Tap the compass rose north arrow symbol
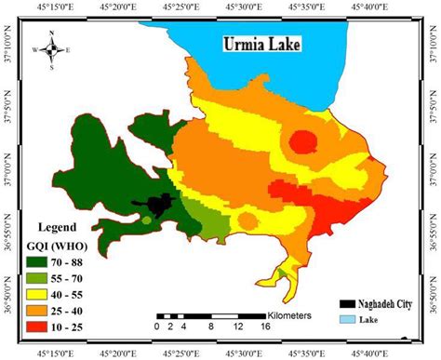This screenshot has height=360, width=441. point(52,49)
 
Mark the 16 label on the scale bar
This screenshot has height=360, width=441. point(267,327)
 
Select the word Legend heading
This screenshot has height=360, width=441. point(55,228)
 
